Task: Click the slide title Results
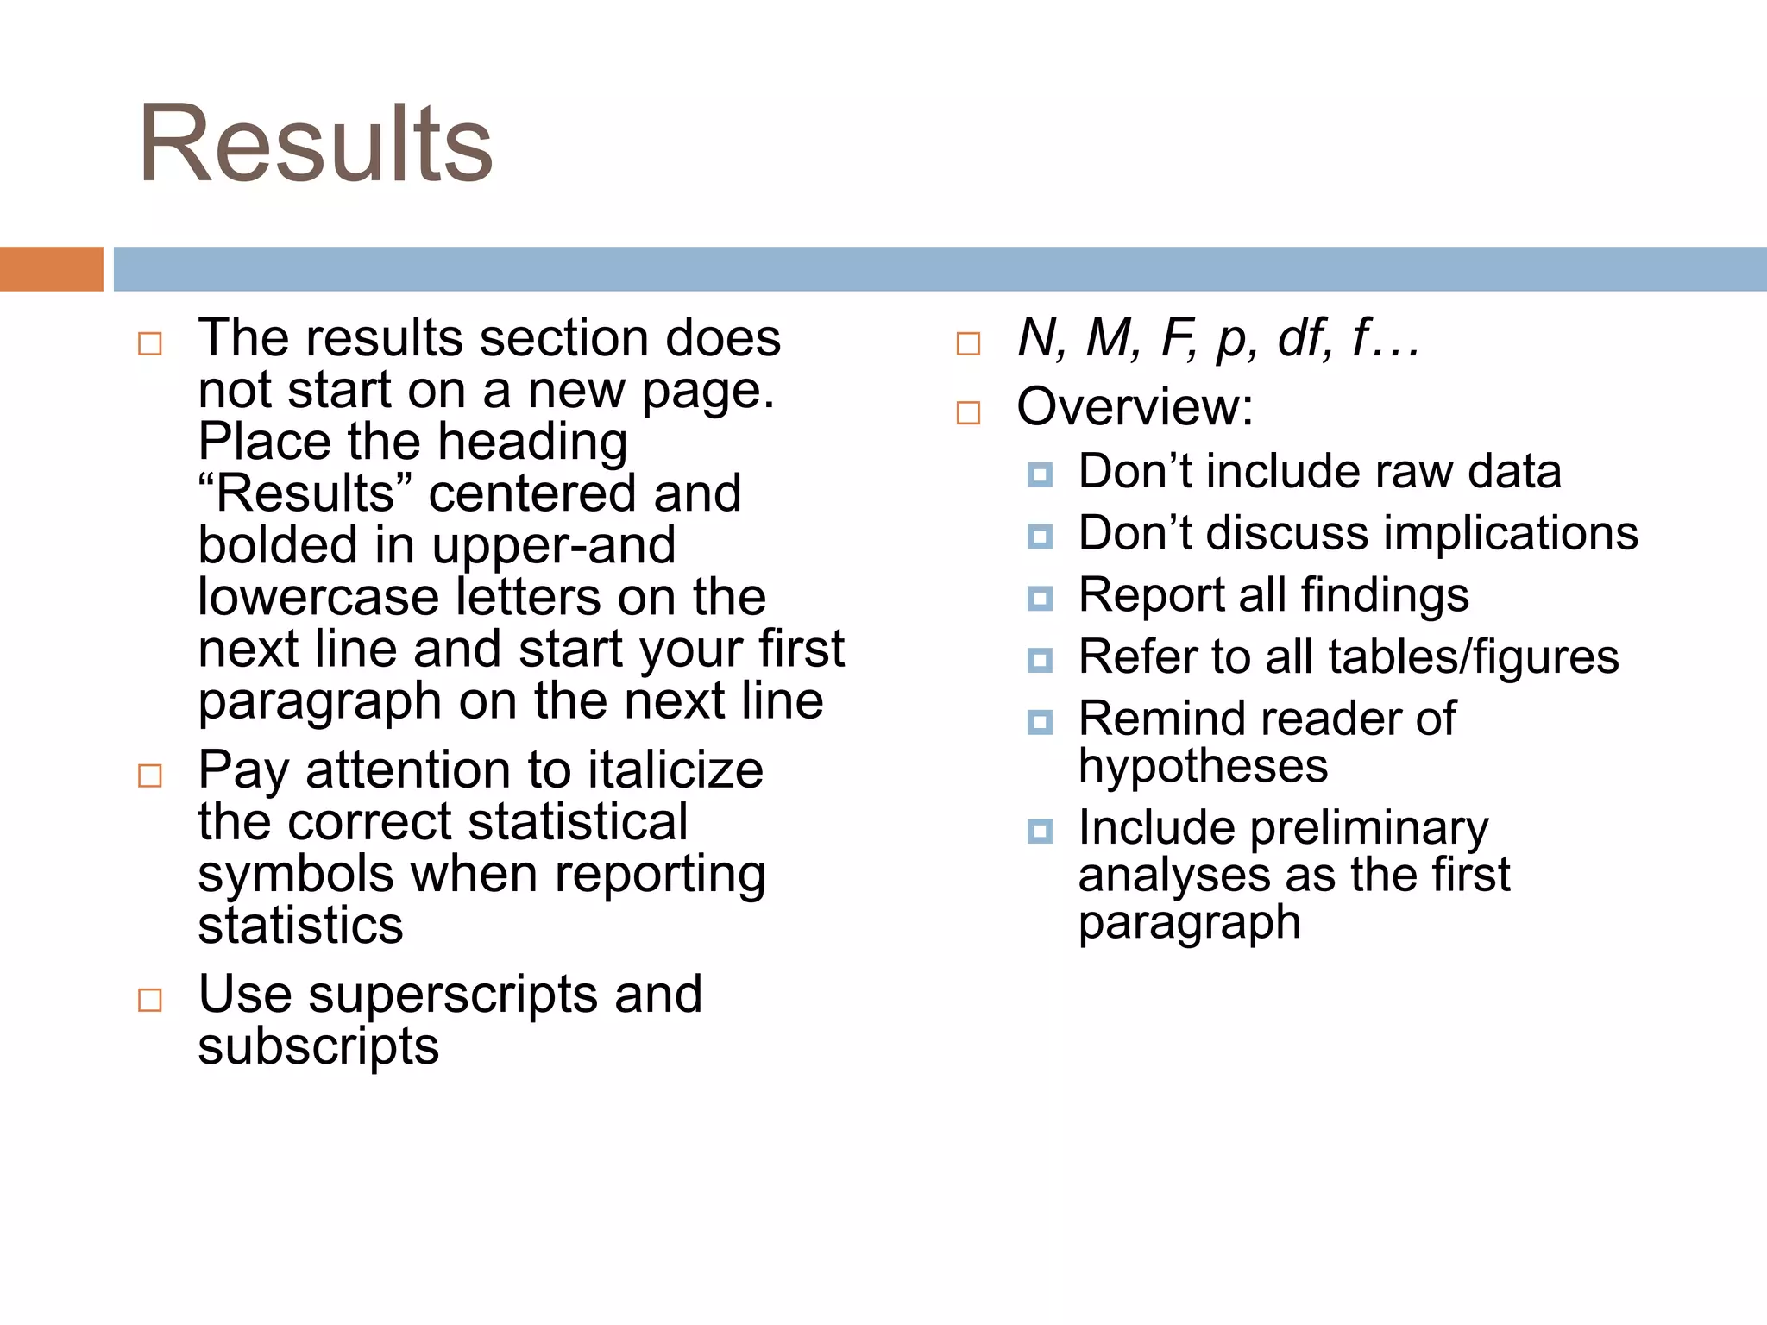(316, 144)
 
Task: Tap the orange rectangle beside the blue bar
(51, 269)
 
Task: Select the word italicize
(676, 769)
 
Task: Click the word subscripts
(318, 1046)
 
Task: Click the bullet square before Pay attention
(150, 776)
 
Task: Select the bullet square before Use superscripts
(150, 1000)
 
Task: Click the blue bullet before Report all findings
(1040, 598)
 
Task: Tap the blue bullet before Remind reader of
(1040, 722)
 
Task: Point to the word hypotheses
(1203, 766)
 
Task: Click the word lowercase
(318, 597)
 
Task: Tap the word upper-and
(553, 545)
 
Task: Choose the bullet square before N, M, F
(968, 343)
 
